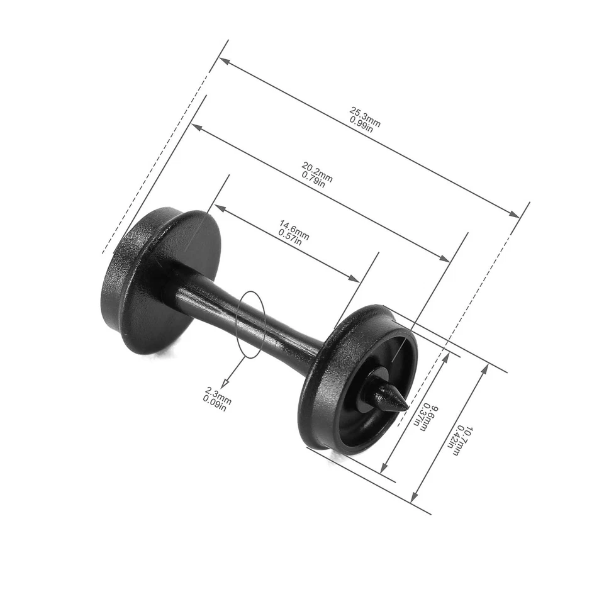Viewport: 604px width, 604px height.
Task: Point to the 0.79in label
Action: pyautogui.click(x=313, y=179)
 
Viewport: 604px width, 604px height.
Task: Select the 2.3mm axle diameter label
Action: pyautogui.click(x=218, y=394)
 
